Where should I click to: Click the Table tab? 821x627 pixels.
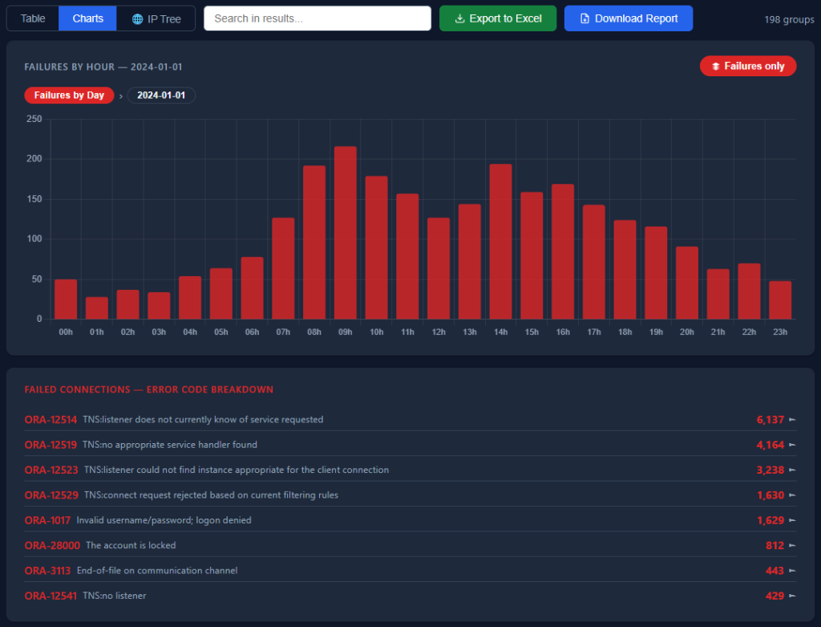[x=32, y=18]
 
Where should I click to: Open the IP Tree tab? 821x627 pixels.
[x=156, y=18]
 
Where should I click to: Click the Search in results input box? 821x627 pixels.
[x=317, y=18]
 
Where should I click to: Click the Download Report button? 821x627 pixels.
[x=629, y=18]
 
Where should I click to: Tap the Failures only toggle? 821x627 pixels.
[x=748, y=66]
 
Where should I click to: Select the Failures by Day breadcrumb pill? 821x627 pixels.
[x=69, y=96]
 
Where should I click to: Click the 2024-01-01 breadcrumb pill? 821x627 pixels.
[x=161, y=96]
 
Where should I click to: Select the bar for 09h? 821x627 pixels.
[x=346, y=233]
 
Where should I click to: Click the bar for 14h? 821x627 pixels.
[x=500, y=242]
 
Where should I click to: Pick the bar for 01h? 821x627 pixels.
[x=97, y=308]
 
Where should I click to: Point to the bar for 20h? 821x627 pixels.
[x=687, y=283]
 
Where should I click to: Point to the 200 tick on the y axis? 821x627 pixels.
[x=34, y=159]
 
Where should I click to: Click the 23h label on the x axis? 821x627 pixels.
[x=780, y=332]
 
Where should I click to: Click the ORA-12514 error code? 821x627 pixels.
[x=51, y=419]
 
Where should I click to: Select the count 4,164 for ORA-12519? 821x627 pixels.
[x=770, y=445]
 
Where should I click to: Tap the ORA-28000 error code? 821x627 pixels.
[x=52, y=545]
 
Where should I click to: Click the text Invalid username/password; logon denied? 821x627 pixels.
[x=164, y=520]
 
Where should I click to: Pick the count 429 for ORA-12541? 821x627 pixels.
[x=775, y=596]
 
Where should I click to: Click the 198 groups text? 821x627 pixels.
[x=789, y=19]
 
